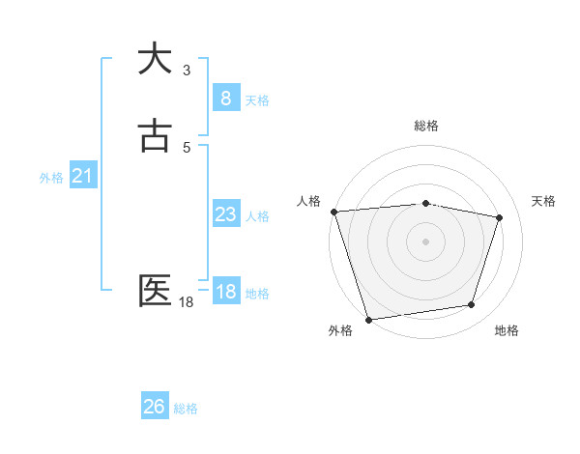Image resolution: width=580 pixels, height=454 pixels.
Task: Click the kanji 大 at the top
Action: [x=156, y=58]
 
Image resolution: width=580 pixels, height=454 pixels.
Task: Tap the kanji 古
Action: [x=156, y=136]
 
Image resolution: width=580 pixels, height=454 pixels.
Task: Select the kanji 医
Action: [x=156, y=291]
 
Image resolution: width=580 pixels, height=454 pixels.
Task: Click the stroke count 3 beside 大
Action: [x=187, y=71]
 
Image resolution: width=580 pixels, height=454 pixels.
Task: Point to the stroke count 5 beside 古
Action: [x=187, y=147]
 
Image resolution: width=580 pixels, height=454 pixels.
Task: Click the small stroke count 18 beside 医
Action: [x=187, y=302]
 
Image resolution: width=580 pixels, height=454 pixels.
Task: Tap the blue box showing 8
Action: [x=225, y=98]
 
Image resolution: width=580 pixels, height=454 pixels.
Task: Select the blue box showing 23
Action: [x=225, y=214]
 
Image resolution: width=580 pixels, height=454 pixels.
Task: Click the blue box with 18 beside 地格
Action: [x=225, y=292]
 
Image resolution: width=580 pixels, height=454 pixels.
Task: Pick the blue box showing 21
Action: [x=82, y=176]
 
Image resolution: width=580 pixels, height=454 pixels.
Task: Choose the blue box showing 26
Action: [x=154, y=407]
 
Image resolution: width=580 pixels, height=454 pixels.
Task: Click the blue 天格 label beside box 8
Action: [x=257, y=99]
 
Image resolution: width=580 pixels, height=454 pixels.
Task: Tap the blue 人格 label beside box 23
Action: [x=257, y=216]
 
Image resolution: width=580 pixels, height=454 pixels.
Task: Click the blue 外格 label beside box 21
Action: [x=51, y=178]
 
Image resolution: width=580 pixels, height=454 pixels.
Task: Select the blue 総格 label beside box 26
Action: [x=186, y=409]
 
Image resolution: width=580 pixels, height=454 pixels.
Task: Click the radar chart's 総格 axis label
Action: [x=426, y=126]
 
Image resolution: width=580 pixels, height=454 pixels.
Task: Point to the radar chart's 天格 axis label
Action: [x=543, y=201]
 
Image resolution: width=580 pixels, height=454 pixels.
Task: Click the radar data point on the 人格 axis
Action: [x=333, y=212]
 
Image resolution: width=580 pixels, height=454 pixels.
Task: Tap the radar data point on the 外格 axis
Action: [x=368, y=319]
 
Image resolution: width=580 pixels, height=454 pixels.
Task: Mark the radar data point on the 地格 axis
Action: [x=472, y=305]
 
